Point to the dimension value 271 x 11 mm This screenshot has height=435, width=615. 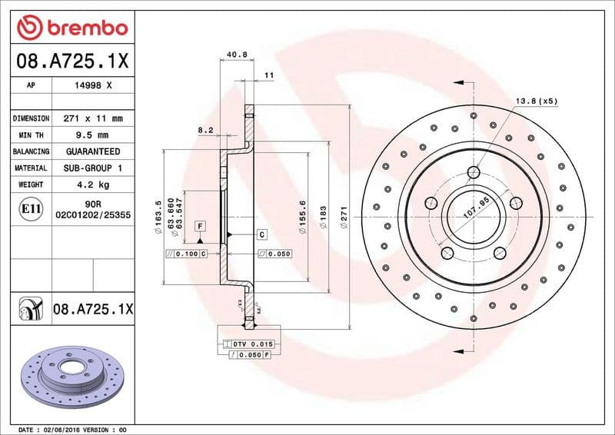click(x=94, y=118)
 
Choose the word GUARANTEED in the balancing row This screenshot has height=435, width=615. click(x=94, y=151)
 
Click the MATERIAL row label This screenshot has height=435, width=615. click(x=31, y=168)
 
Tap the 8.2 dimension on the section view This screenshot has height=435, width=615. click(x=205, y=131)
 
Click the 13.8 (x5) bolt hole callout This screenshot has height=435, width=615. click(x=536, y=101)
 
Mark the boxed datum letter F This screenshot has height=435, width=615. click(x=200, y=226)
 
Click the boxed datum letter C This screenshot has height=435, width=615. click(x=261, y=234)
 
